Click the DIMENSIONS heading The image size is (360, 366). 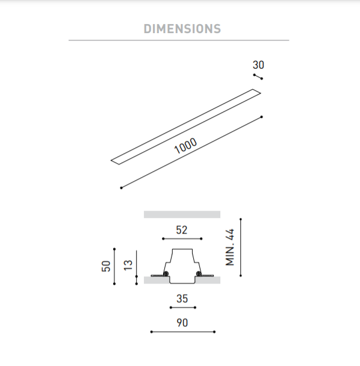[x=182, y=29]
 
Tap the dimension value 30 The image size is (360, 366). [x=258, y=64]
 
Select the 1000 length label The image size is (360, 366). [x=185, y=146]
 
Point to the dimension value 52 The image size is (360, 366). [x=182, y=230]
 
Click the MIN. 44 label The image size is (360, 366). [x=230, y=247]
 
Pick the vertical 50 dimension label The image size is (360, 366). [x=106, y=266]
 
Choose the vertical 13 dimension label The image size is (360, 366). [x=128, y=265]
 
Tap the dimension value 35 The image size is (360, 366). [x=182, y=299]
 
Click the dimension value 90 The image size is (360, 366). [x=182, y=323]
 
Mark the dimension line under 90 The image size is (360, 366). [x=183, y=332]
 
